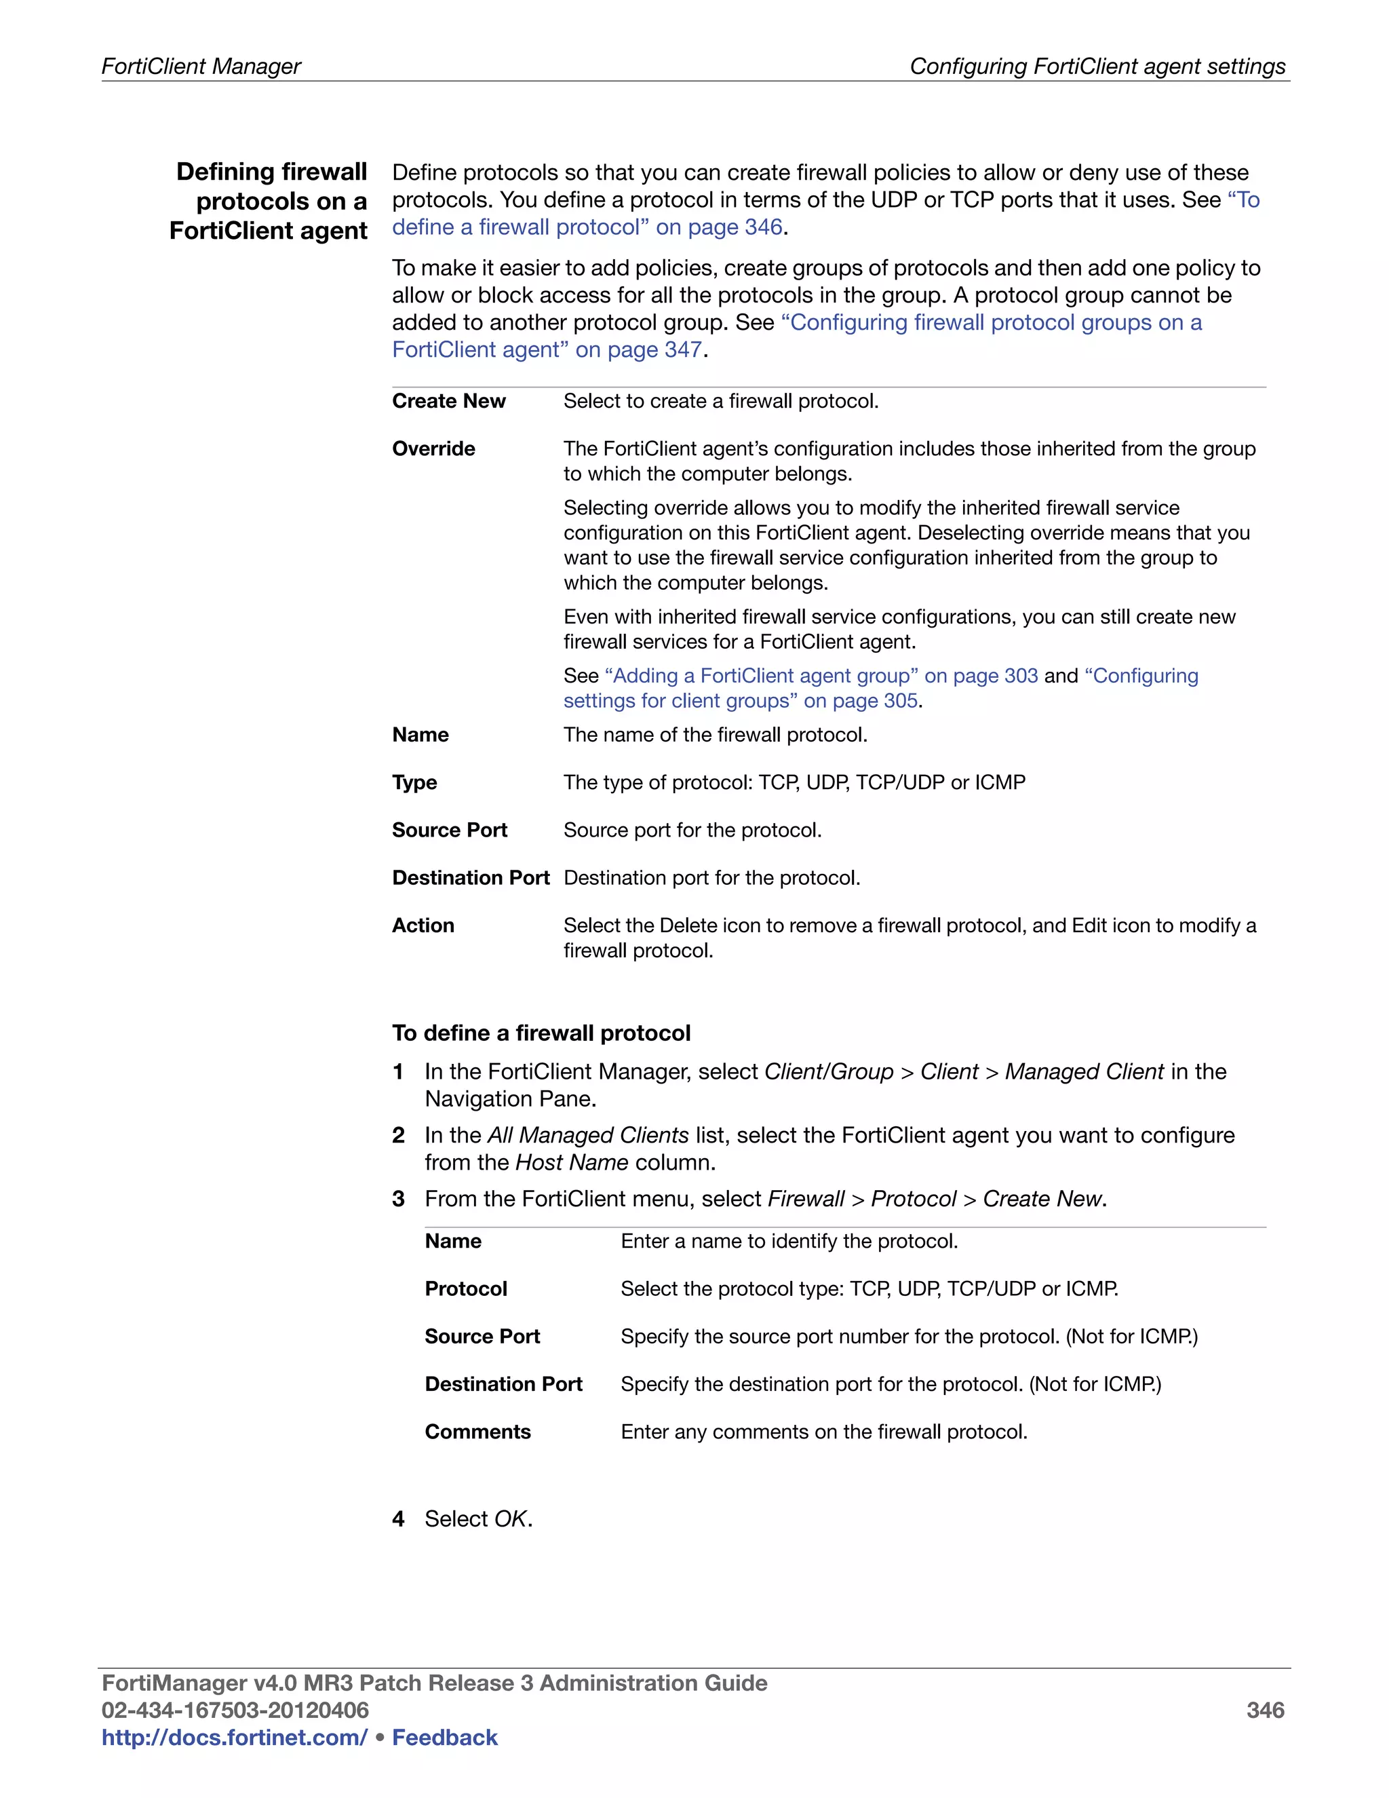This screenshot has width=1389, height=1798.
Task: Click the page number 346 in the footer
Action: [1265, 1710]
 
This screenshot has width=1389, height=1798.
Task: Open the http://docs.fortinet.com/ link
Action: [234, 1737]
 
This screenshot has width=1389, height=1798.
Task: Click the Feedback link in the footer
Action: [444, 1737]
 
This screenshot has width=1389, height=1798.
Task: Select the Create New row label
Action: [448, 401]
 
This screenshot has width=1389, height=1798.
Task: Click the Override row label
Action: [433, 448]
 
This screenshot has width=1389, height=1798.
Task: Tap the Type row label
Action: [414, 782]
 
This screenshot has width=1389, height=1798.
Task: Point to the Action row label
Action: [423, 925]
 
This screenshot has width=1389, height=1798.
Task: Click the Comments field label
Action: [477, 1432]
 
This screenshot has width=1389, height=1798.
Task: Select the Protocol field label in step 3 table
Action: [466, 1288]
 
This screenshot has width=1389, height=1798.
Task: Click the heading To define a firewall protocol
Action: [541, 1033]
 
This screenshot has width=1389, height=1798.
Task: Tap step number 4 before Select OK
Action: [398, 1519]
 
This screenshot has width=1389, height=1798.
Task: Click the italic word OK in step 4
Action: [510, 1519]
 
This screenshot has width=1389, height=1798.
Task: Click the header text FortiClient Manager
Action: [201, 66]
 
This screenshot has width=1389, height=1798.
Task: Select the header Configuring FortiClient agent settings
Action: [1097, 66]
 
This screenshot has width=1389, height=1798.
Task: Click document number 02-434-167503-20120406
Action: [235, 1710]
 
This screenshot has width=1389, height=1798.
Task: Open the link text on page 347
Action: [638, 350]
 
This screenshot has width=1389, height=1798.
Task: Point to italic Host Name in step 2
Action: [571, 1162]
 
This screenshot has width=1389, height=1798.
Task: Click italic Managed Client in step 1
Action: [1084, 1072]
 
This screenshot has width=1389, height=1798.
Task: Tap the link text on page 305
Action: [861, 701]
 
